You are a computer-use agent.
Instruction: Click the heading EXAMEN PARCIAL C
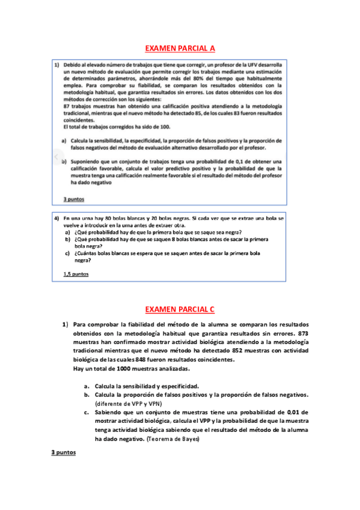(180, 310)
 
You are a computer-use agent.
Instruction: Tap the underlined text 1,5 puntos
(76, 274)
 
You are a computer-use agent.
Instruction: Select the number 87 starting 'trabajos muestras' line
(67, 106)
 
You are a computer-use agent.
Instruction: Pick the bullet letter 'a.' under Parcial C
(87, 386)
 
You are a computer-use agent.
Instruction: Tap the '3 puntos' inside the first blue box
(74, 199)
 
